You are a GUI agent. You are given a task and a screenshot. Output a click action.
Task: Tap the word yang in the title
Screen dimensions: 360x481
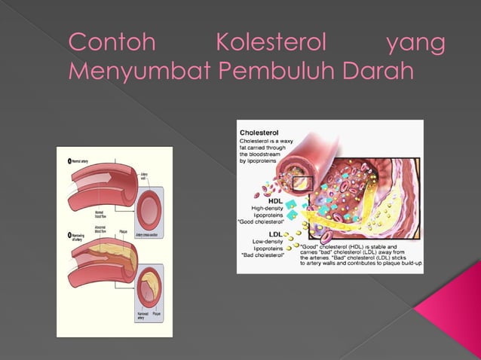tap(415, 43)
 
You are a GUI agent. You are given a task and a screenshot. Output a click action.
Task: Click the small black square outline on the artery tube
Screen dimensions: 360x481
tap(303, 183)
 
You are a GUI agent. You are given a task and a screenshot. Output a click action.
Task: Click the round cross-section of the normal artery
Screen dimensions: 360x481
tap(149, 206)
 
